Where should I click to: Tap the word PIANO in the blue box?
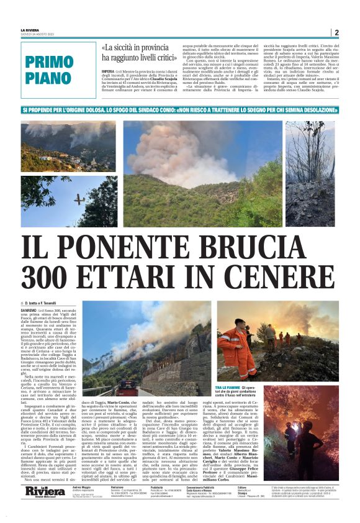(x=50, y=78)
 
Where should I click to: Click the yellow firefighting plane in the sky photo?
(x=79, y=199)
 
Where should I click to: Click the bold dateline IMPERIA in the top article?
(x=109, y=71)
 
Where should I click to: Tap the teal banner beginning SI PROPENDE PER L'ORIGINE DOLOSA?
(x=180, y=109)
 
